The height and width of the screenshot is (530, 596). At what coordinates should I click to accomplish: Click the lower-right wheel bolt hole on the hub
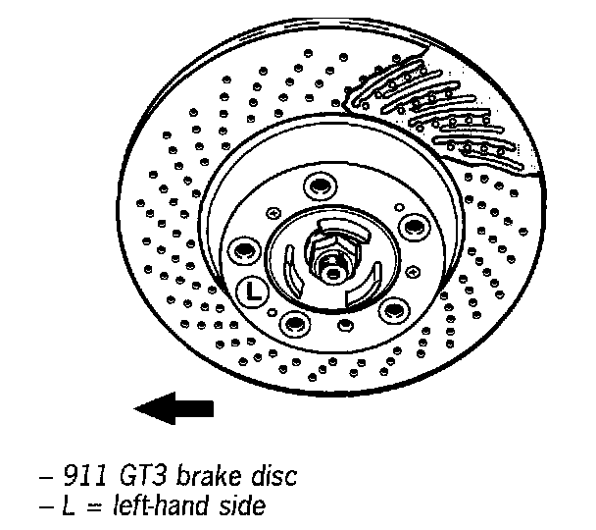coord(393,310)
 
